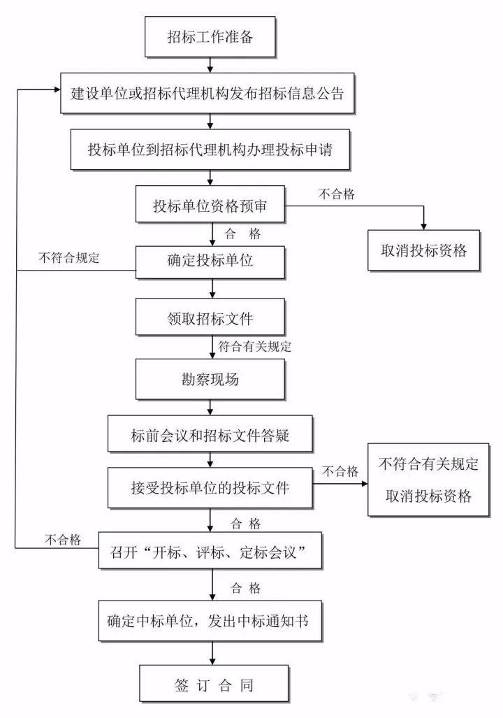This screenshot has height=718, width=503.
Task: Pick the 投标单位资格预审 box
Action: point(210,207)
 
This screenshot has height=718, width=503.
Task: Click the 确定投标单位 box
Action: point(210,261)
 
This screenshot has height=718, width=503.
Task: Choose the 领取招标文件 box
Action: point(210,319)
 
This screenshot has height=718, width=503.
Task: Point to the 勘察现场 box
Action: point(210,380)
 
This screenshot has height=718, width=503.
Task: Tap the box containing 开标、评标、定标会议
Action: point(210,553)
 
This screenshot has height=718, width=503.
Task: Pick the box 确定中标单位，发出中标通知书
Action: point(210,620)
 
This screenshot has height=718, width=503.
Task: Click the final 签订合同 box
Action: point(210,684)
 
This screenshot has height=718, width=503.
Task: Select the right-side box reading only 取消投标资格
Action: point(423,250)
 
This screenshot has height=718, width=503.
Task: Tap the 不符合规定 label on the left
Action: point(70,257)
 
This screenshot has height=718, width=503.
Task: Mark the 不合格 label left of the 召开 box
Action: point(63,539)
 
